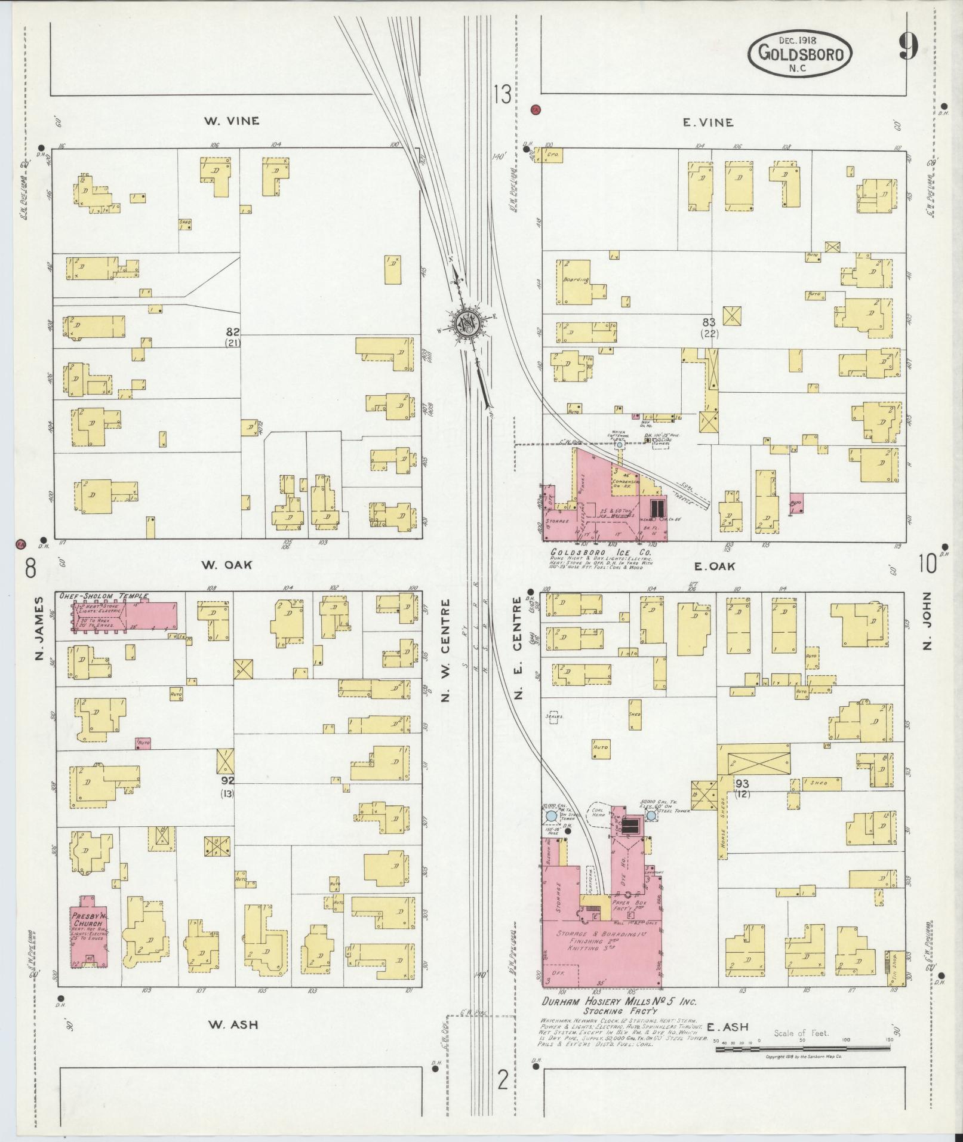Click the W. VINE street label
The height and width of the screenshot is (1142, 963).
[x=232, y=121]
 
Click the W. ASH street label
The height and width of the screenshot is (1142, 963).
[x=233, y=1024]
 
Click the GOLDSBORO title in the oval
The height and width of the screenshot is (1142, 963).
[x=801, y=54]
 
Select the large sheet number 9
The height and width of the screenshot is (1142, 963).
[x=908, y=45]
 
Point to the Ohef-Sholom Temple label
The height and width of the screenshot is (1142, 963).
[x=103, y=596]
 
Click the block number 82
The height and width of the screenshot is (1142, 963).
[x=233, y=331]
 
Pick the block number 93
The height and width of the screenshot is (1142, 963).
[x=742, y=783]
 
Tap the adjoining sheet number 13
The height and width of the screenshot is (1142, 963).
[x=503, y=94]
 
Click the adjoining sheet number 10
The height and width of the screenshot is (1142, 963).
[x=927, y=563]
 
